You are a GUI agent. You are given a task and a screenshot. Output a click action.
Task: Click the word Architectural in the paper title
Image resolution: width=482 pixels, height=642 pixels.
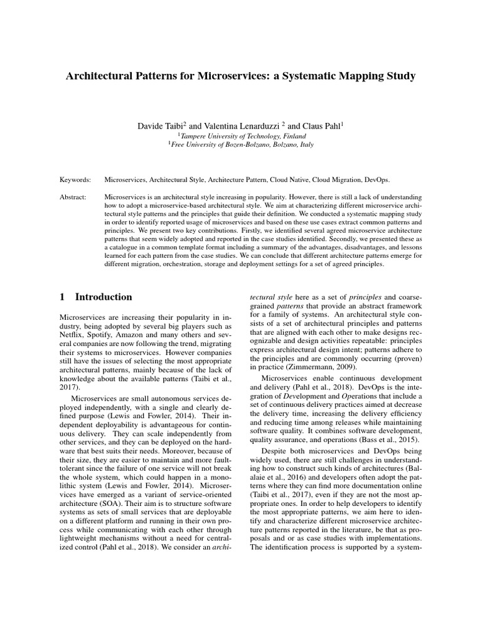(x=102, y=76)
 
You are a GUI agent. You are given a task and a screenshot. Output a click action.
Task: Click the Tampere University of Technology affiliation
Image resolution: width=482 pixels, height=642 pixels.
(x=242, y=136)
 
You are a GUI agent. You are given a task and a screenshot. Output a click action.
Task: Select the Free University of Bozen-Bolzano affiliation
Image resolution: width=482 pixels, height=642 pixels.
(x=242, y=145)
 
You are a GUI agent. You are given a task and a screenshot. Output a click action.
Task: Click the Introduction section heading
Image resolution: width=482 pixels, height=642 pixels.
(x=104, y=297)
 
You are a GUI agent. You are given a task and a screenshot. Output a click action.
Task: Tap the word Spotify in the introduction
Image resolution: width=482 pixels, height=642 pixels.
(x=105, y=337)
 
